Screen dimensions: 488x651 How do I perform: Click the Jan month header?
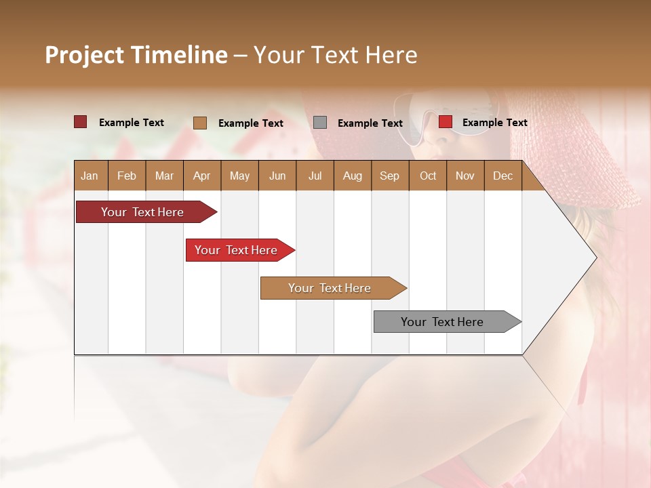tap(90, 176)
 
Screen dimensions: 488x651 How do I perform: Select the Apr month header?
tap(201, 176)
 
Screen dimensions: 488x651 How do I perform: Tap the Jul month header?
tap(315, 176)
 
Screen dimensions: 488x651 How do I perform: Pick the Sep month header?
tap(389, 176)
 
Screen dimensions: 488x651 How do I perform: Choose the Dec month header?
tap(502, 176)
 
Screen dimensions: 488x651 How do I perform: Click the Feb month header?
tap(127, 176)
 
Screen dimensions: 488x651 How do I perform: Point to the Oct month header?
tap(428, 176)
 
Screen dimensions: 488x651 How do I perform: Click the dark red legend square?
tap(80, 122)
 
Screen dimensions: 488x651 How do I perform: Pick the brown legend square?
tap(199, 123)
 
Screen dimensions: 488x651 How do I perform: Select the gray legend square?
tap(320, 123)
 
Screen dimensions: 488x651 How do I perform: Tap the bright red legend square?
tap(445, 122)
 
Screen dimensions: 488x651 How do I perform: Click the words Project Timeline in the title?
tap(136, 55)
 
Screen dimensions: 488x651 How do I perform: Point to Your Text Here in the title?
tap(335, 55)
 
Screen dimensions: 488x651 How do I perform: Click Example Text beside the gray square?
tap(370, 123)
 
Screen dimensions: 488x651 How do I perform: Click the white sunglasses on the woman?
tap(448, 119)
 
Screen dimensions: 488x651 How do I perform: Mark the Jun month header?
tap(277, 176)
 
